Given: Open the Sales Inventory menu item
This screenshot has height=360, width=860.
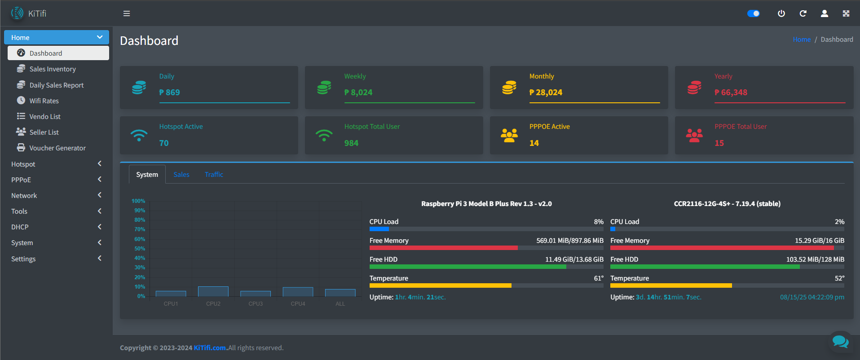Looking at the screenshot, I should tap(53, 69).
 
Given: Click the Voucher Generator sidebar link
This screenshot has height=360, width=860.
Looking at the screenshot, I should tap(57, 148).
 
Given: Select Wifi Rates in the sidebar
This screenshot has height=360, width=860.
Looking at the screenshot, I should tap(44, 101).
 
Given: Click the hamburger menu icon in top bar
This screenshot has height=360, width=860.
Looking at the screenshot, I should tap(127, 13).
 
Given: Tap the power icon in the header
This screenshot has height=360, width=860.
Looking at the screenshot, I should tap(781, 13).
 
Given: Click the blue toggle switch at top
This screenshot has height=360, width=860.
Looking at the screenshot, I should tap(753, 13).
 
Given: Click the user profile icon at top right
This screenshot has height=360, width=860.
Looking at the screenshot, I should tap(825, 13).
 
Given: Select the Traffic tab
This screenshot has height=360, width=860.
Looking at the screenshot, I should tap(214, 175).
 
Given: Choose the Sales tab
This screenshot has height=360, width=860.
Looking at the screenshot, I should tap(181, 175).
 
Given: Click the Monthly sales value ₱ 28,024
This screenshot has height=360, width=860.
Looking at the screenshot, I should tap(546, 92).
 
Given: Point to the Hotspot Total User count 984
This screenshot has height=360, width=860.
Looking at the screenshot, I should tap(351, 143).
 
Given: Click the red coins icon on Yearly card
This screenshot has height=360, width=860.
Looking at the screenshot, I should tap(694, 88).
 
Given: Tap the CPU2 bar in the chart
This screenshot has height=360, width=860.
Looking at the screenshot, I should tap(213, 291).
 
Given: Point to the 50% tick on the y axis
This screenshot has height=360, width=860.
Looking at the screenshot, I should tap(140, 249).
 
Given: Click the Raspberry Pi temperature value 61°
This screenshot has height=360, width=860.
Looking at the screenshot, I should tap(599, 278).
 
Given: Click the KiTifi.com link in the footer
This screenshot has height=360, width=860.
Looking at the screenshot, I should tap(210, 348).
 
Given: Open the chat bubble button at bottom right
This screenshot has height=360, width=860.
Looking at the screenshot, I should tap(840, 342).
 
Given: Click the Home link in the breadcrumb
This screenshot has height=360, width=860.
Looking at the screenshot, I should tap(802, 40).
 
